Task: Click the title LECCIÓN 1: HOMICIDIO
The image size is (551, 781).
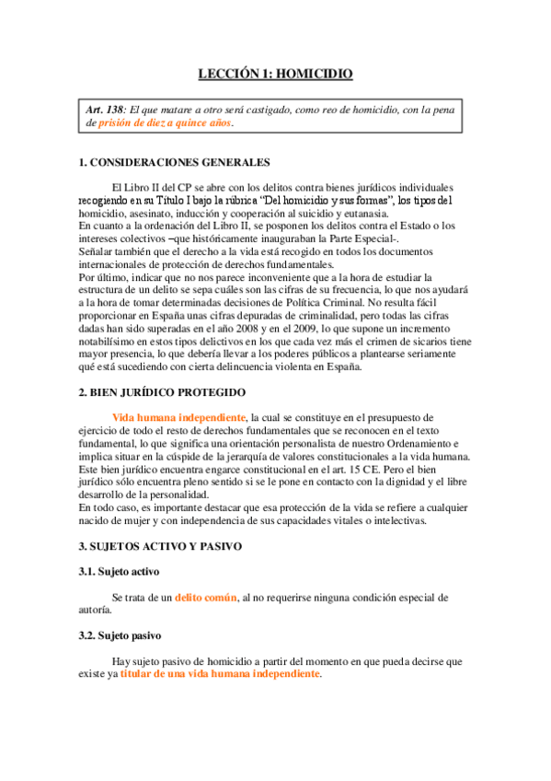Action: point(276,75)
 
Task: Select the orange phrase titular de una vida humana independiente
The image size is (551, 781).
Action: point(221,673)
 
